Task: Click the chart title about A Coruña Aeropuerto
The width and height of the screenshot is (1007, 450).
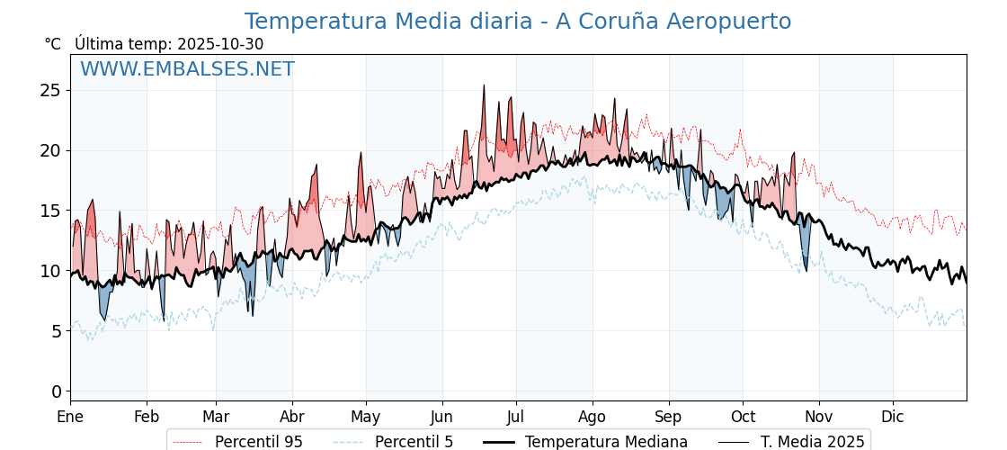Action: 518,22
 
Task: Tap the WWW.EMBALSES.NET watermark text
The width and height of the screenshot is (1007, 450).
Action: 187,69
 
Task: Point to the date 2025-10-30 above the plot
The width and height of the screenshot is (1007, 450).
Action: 220,44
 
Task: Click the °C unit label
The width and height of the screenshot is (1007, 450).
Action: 52,44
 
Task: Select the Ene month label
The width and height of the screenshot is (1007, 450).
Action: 70,417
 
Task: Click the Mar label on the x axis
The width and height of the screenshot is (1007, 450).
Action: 216,417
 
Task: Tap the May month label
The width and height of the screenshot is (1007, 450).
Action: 366,417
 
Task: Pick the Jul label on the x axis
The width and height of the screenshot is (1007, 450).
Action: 516,417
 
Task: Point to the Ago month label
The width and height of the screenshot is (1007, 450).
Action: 592,417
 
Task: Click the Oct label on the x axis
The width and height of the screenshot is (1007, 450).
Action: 743,417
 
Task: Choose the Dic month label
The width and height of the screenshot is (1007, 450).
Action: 893,417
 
